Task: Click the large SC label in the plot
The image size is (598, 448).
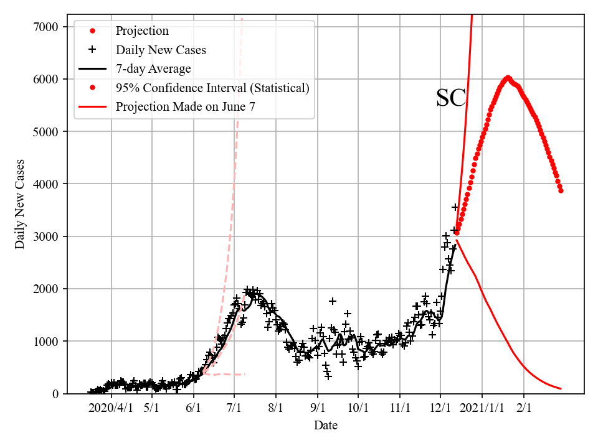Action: tap(451, 98)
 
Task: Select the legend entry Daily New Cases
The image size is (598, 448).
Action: tap(161, 50)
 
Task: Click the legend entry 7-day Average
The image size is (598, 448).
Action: tap(153, 68)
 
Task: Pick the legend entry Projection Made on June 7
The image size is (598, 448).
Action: tap(185, 107)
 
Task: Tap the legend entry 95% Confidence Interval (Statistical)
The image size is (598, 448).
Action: tap(212, 88)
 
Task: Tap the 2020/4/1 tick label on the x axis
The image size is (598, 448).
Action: tap(111, 408)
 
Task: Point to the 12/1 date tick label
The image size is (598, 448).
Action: tap(440, 408)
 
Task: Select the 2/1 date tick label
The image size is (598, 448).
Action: tap(523, 408)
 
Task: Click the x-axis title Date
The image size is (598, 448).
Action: tap(326, 426)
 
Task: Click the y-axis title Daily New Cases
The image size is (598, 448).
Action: tap(21, 203)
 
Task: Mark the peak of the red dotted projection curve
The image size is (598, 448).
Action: tap(508, 78)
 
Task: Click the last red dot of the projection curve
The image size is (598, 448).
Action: tap(561, 190)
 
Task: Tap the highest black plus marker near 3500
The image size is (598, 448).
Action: tap(455, 207)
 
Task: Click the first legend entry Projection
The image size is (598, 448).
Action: tap(142, 31)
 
